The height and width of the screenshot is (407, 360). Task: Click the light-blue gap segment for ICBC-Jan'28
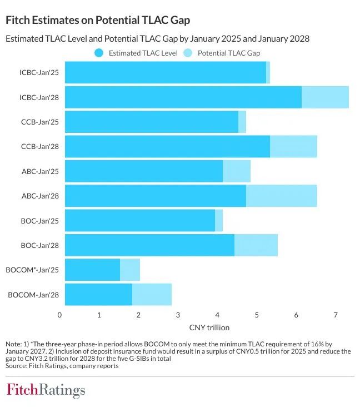[325, 97]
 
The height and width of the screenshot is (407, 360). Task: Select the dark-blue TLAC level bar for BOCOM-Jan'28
[98, 294]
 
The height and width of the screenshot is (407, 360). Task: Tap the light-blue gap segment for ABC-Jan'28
[281, 196]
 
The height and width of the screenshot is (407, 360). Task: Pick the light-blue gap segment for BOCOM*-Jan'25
[130, 270]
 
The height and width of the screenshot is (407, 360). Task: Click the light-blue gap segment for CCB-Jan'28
[293, 146]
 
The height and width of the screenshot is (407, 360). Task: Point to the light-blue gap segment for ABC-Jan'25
[237, 171]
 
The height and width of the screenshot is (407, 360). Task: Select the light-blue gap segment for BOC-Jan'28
[256, 245]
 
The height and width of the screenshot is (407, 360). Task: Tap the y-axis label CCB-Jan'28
[40, 147]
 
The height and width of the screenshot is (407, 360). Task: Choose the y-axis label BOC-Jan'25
[41, 220]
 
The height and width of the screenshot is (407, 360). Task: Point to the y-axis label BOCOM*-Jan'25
[33, 270]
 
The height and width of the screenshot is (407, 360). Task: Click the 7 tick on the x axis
[336, 315]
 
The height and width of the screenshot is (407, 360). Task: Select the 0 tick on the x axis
[60, 315]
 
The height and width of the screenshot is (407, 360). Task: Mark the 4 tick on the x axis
[217, 315]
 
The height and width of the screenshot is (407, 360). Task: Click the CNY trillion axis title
[209, 327]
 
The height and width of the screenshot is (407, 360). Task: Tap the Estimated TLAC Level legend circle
[99, 53]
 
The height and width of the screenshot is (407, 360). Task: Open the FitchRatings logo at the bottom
[46, 390]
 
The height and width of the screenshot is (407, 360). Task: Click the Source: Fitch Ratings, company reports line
[62, 366]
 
